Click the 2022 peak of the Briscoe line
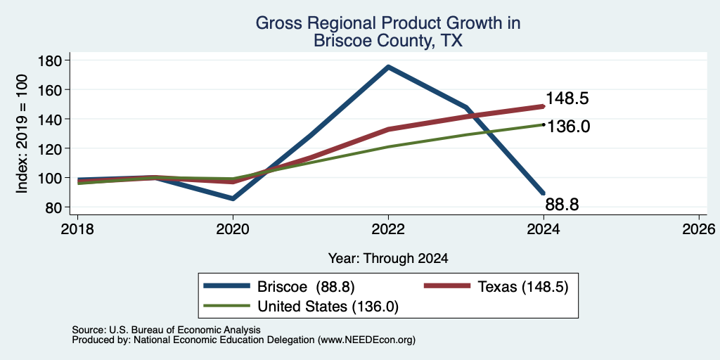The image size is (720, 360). pyautogui.click(x=388, y=67)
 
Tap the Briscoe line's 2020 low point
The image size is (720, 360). pyautogui.click(x=233, y=198)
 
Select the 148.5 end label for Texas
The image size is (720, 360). pyautogui.click(x=567, y=98)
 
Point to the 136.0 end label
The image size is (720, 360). pyautogui.click(x=568, y=126)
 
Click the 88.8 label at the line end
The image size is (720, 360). pyautogui.click(x=562, y=205)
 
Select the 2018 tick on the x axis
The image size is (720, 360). pyautogui.click(x=77, y=229)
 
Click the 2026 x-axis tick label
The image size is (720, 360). pyautogui.click(x=699, y=229)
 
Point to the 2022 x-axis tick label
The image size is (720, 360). pyautogui.click(x=388, y=229)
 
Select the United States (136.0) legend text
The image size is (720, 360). pyautogui.click(x=328, y=307)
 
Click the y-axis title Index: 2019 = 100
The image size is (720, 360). pyautogui.click(x=22, y=134)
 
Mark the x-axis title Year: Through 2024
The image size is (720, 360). pyautogui.click(x=388, y=259)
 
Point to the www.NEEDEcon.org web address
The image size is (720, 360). pyautogui.click(x=366, y=340)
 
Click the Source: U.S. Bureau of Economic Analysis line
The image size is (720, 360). pyautogui.click(x=166, y=330)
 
